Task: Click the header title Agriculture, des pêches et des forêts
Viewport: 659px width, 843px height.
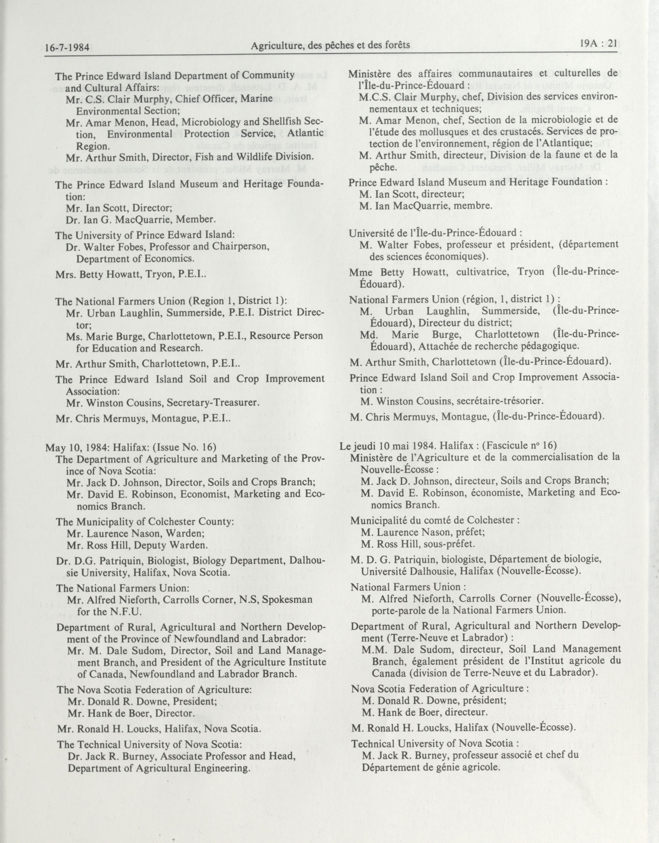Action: (x=330, y=46)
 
